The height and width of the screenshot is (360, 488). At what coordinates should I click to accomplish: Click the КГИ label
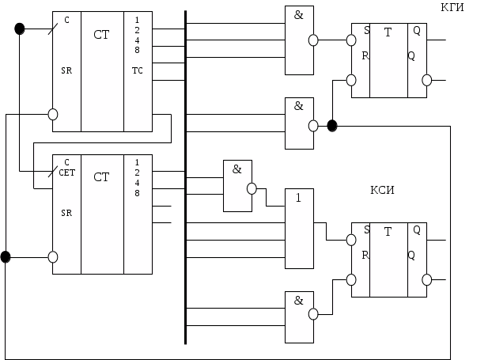pyautogui.click(x=452, y=7)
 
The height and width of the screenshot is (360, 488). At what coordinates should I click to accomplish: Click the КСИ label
pyautogui.click(x=382, y=190)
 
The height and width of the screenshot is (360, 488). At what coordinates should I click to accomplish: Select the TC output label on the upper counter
pyautogui.click(x=138, y=70)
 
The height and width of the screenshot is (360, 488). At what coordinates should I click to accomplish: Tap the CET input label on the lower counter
pyautogui.click(x=67, y=172)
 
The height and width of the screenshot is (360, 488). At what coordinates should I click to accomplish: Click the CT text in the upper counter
pyautogui.click(x=101, y=35)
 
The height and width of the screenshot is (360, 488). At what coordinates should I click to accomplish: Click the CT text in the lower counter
pyautogui.click(x=101, y=177)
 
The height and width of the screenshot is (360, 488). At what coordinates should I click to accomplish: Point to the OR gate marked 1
pyautogui.click(x=299, y=229)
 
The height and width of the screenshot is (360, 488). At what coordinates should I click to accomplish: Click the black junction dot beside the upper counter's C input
pyautogui.click(x=20, y=28)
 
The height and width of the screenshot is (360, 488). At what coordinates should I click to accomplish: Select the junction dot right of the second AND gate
pyautogui.click(x=332, y=126)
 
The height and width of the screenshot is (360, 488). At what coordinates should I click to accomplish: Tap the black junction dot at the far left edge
pyautogui.click(x=6, y=257)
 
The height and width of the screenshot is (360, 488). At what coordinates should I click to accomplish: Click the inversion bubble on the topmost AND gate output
pyautogui.click(x=313, y=40)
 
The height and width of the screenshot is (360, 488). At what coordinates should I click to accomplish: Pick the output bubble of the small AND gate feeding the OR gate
pyautogui.click(x=252, y=189)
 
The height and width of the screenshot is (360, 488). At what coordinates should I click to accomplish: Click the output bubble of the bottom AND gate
pyautogui.click(x=313, y=314)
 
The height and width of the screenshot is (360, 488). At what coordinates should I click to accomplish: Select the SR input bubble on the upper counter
pyautogui.click(x=53, y=114)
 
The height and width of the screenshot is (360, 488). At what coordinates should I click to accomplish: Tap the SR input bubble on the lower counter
pyautogui.click(x=53, y=257)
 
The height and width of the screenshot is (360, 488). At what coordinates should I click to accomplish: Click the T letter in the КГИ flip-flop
pyautogui.click(x=388, y=32)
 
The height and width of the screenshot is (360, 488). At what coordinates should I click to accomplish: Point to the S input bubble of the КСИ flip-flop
pyautogui.click(x=351, y=240)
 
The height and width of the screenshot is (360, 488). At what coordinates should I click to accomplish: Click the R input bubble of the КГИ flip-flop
pyautogui.click(x=351, y=80)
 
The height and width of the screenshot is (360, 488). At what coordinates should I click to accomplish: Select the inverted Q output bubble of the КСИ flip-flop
pyautogui.click(x=426, y=279)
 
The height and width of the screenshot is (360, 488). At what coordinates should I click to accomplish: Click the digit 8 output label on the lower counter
pyautogui.click(x=137, y=193)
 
